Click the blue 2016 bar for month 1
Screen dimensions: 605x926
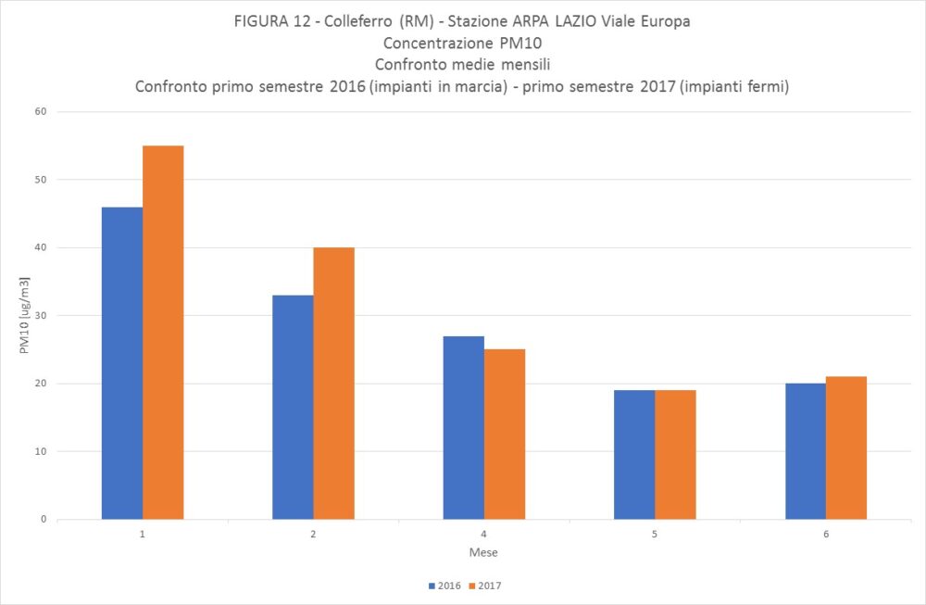click(x=122, y=363)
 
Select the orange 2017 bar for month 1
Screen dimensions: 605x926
click(x=163, y=332)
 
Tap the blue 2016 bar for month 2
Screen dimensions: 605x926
click(x=293, y=407)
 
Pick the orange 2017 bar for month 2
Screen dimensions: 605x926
click(x=333, y=383)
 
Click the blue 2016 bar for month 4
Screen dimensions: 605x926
click(x=463, y=427)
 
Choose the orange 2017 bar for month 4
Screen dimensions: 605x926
click(x=504, y=434)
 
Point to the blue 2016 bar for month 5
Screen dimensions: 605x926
click(x=633, y=454)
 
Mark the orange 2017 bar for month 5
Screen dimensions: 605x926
click(x=674, y=454)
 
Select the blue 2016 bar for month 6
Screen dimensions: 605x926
click(x=805, y=451)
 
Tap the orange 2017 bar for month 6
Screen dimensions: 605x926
click(x=845, y=447)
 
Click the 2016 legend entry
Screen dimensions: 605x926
click(x=445, y=586)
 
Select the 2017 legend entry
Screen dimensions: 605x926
click(x=485, y=586)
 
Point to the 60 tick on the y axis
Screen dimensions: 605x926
click(x=41, y=112)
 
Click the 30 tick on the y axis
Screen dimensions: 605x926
click(x=41, y=316)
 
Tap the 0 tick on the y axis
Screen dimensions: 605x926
click(x=44, y=520)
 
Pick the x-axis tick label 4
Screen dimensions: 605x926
click(x=483, y=536)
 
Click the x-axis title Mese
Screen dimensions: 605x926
click(x=483, y=553)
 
